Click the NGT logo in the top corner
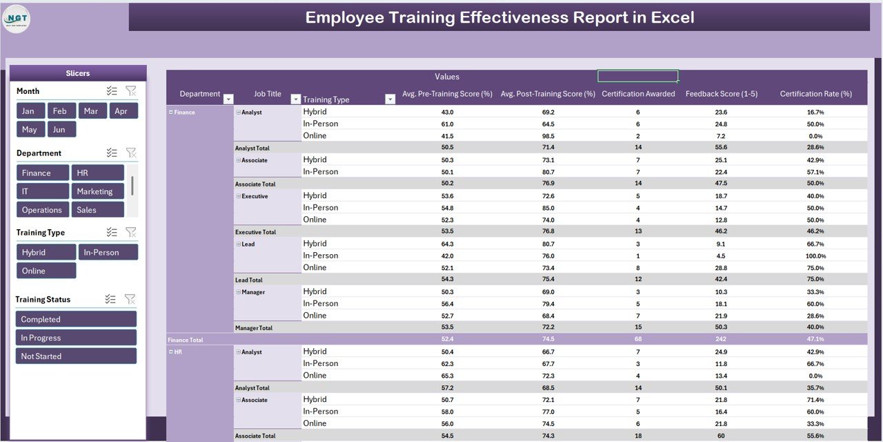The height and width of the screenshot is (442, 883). point(17,19)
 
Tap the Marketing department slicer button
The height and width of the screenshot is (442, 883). point(97,191)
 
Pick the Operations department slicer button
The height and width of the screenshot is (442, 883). point(43,210)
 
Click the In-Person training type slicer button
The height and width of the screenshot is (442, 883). point(108,252)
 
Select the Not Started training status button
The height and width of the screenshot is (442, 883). point(76,356)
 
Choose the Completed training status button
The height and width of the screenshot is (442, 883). point(76,319)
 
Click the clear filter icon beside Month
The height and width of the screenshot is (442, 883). point(131,91)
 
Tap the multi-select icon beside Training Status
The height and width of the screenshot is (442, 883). point(110,299)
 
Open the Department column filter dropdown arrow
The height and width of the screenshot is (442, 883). point(228,99)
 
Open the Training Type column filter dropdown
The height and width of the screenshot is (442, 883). point(390,99)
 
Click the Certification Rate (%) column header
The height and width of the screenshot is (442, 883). point(815,94)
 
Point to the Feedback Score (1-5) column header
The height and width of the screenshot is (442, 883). point(721,94)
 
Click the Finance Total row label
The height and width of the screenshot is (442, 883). point(186,340)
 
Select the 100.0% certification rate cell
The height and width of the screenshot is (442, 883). point(815,256)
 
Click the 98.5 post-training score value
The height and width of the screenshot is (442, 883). point(548,136)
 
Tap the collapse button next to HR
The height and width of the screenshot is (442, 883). point(171,352)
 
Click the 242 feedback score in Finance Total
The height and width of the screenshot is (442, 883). point(721,340)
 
